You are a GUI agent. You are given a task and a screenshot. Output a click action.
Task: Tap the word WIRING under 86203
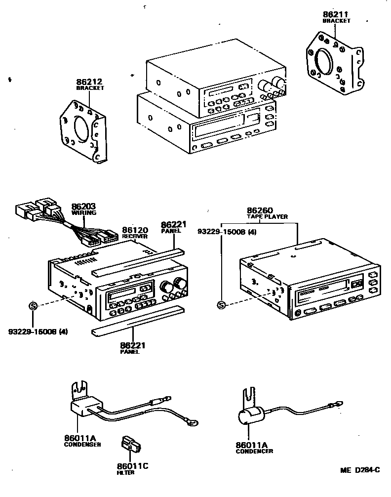(83, 212)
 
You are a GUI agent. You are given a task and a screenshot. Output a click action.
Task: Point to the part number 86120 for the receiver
(135, 230)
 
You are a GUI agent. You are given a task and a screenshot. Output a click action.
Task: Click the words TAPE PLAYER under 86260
(267, 216)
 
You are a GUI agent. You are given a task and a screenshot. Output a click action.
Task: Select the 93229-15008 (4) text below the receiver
(38, 331)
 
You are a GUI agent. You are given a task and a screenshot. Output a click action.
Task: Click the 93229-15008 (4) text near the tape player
(227, 231)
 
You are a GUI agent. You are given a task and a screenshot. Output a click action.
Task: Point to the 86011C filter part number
(132, 465)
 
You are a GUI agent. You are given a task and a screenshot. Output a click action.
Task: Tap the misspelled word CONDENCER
(254, 451)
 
